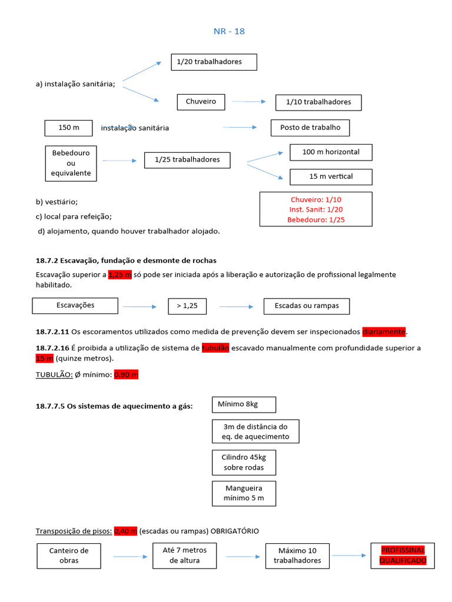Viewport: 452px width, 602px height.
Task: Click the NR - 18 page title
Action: [229, 32]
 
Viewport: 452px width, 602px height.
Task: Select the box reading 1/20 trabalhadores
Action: [214, 62]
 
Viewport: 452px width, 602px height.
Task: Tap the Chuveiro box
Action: [201, 102]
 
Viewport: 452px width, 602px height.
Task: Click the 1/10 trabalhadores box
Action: [318, 102]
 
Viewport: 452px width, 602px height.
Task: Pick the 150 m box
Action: [69, 128]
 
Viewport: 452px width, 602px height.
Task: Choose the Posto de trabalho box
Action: [310, 128]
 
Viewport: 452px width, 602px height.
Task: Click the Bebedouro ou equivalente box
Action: [71, 163]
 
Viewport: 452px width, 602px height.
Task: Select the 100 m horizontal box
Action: [331, 152]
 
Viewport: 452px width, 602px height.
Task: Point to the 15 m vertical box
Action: [331, 176]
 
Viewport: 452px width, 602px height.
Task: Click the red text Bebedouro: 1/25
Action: [316, 220]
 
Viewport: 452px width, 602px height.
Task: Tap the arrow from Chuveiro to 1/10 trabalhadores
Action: [248, 102]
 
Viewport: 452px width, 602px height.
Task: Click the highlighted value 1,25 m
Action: [120, 275]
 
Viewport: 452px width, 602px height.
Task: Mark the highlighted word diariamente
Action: [384, 332]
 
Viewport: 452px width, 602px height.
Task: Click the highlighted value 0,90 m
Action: [125, 374]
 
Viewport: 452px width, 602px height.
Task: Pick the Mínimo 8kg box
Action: [243, 404]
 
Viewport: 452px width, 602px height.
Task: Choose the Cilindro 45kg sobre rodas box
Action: [243, 463]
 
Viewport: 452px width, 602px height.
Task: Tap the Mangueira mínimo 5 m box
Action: [243, 493]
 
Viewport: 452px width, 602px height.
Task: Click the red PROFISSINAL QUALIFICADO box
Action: [403, 556]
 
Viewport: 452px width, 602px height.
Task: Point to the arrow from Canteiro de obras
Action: [130, 556]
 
